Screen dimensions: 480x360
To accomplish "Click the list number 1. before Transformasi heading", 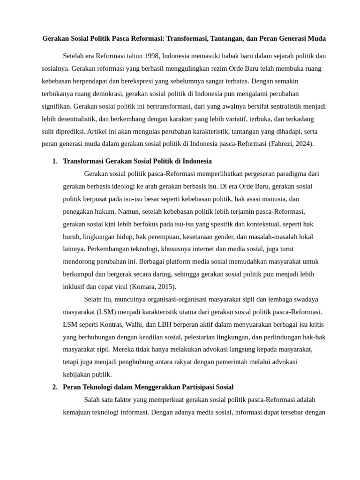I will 55,161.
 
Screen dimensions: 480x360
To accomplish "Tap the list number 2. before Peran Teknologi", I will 55,387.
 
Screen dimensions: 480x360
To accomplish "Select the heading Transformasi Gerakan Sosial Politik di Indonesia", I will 137,161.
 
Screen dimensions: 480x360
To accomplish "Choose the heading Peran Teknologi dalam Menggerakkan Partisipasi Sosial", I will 148,387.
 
